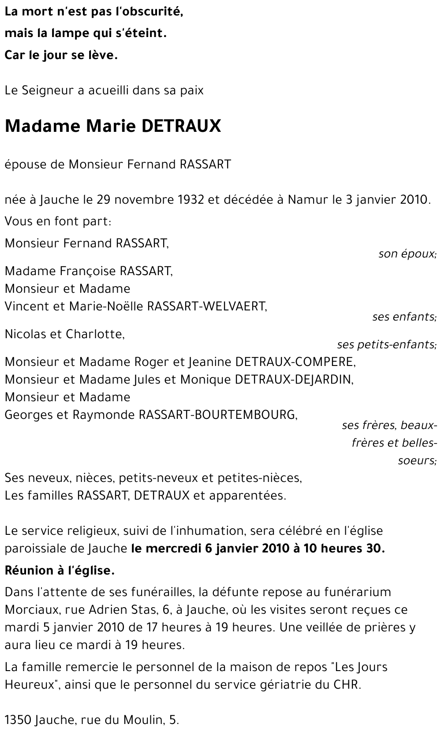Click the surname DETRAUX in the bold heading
[181, 127]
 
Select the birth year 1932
[191, 200]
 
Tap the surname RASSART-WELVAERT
[207, 306]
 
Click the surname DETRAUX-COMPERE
[295, 362]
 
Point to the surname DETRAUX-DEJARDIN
[295, 379]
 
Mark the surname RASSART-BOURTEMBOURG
[218, 415]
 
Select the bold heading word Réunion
[28, 571]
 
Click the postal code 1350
[17, 720]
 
